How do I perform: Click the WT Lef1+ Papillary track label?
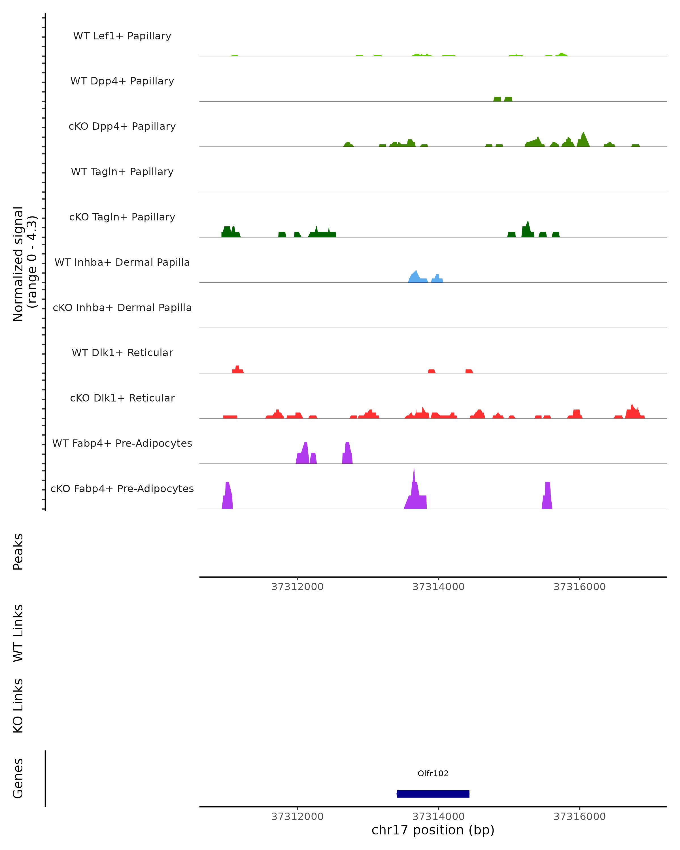pos(122,36)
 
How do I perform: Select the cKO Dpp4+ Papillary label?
pos(122,127)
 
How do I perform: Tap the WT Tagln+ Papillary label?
pos(122,172)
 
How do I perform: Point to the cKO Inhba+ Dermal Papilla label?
pos(122,308)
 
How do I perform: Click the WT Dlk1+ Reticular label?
pos(122,353)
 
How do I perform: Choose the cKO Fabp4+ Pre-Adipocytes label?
pos(122,489)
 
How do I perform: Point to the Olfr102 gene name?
pos(433,773)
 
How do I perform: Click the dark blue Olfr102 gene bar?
pos(433,794)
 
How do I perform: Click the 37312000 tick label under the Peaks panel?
pos(297,587)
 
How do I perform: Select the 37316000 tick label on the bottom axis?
pos(579,817)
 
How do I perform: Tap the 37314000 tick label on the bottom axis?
pos(438,817)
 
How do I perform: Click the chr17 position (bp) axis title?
pos(433,830)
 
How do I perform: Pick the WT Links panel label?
pos(18,634)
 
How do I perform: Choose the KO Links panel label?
pos(18,706)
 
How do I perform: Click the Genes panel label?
pos(18,779)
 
